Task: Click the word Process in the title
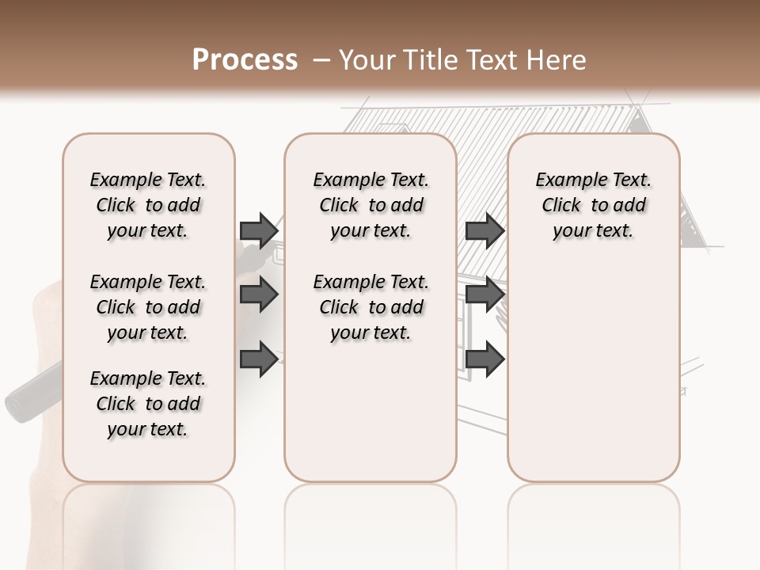[x=245, y=60]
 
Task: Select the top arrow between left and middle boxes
[x=258, y=230]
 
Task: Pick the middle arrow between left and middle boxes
[x=258, y=294]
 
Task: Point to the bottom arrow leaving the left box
[x=258, y=358]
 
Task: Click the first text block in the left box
[x=148, y=206]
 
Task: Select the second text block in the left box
[x=148, y=307]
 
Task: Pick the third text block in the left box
[x=148, y=404]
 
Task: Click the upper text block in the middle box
[x=370, y=206]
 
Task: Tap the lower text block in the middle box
[x=370, y=307]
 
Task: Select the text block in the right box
[x=594, y=206]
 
